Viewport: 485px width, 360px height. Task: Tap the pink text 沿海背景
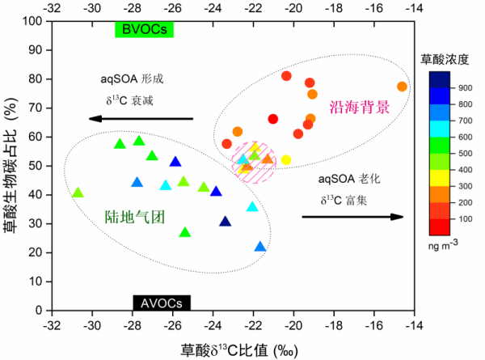point(360,107)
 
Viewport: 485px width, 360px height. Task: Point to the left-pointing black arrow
point(141,119)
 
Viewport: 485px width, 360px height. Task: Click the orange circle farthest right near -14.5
point(402,87)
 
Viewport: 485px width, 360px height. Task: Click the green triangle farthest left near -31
point(78,193)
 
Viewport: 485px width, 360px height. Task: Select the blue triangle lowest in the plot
point(259,247)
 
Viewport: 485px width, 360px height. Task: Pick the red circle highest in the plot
point(286,76)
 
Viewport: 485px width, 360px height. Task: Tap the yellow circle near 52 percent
point(285,160)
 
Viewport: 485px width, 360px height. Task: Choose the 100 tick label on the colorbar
point(465,218)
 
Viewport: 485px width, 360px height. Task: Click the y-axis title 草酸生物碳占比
point(10,166)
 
